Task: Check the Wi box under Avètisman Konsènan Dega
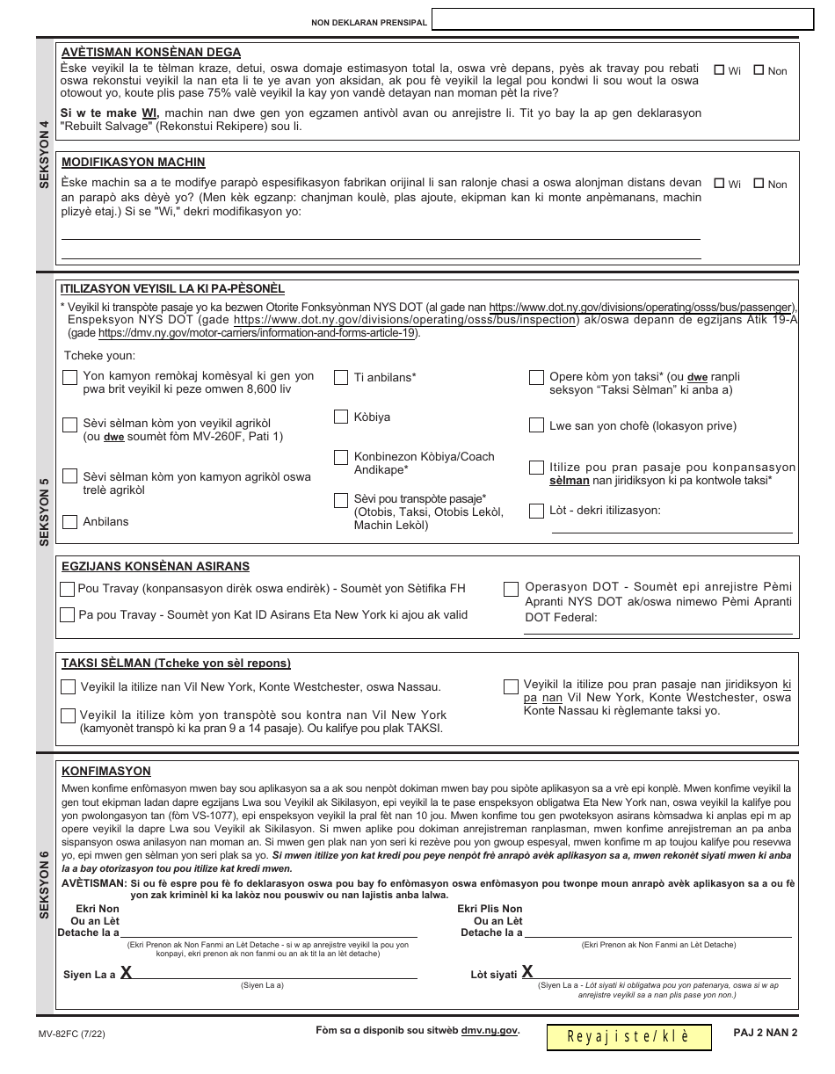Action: pos(719,70)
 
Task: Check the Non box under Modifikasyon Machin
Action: pos(758,184)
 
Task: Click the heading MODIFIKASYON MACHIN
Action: pos(133,163)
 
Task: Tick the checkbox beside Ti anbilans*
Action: pos(341,378)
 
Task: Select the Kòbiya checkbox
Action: pos(341,417)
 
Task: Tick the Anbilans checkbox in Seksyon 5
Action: pos(70,522)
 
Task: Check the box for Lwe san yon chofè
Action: pos(536,425)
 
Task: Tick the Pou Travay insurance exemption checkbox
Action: pos(67,589)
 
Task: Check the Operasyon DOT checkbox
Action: pos(511,590)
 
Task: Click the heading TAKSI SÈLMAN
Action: pos(176,664)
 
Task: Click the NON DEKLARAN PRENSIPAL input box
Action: pos(622,20)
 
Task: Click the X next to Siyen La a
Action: pos(127,972)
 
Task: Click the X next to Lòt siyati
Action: pos(527,971)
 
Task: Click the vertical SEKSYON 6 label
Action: pos(45,889)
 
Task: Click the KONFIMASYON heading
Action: pos(106,771)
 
